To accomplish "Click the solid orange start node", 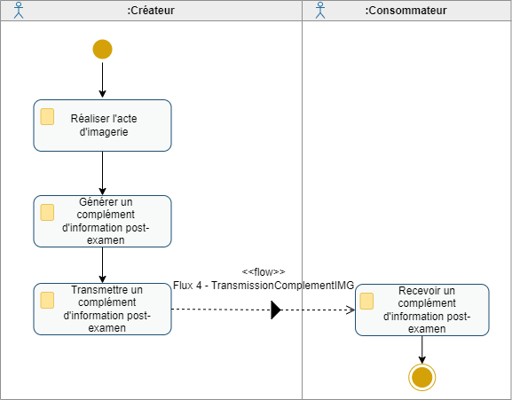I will (x=102, y=50).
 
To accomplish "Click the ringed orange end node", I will (x=421, y=377).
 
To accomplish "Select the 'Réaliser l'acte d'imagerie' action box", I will (x=102, y=125).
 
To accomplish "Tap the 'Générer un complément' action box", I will (x=102, y=221).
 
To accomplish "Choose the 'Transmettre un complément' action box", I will (x=102, y=309).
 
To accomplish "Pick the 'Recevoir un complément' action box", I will (x=421, y=310).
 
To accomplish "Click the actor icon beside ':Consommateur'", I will (x=320, y=11).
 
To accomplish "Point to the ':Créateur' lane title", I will (x=151, y=11).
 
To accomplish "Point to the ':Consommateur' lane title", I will (x=406, y=11).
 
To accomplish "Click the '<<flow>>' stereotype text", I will (x=264, y=271).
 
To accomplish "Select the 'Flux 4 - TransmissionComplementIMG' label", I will (x=264, y=285).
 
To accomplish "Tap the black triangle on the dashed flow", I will (x=275, y=310).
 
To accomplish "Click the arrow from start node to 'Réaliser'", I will (x=102, y=79).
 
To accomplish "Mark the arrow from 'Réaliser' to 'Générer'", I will (x=102, y=173).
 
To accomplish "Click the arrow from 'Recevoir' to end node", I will (x=421, y=349).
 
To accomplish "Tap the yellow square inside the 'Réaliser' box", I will (x=47, y=117).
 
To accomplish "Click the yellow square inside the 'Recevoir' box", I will (x=366, y=302).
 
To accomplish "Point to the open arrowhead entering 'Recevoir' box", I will (x=350, y=310).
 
